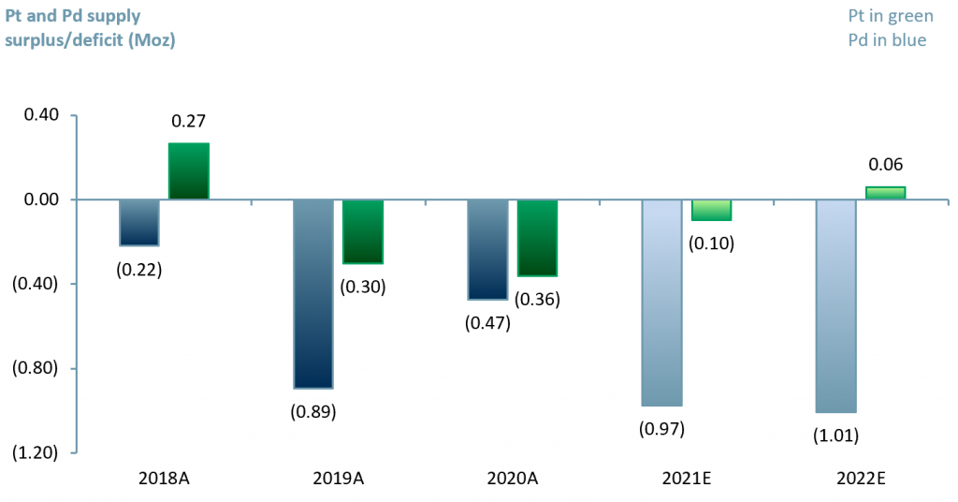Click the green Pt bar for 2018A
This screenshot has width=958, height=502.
point(188,171)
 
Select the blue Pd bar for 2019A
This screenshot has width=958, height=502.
point(313,293)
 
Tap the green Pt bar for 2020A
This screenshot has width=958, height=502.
point(537,238)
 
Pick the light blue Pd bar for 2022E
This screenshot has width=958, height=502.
point(835,305)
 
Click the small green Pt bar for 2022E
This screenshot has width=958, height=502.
point(885,193)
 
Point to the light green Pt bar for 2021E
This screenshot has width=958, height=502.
point(711,210)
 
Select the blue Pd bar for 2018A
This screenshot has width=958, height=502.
point(138,222)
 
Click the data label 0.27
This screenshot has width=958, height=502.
point(188,121)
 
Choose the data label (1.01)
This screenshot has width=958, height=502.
point(835,436)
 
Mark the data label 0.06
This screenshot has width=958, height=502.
point(885,165)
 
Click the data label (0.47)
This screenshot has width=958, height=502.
point(487,323)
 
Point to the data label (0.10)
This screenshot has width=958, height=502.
point(711,244)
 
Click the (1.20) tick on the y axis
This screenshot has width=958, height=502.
point(36,452)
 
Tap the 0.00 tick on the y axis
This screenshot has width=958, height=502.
point(39,199)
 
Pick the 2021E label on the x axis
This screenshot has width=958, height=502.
point(687,478)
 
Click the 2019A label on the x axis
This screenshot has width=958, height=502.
point(338,478)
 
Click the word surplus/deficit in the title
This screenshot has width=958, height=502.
point(56,39)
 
